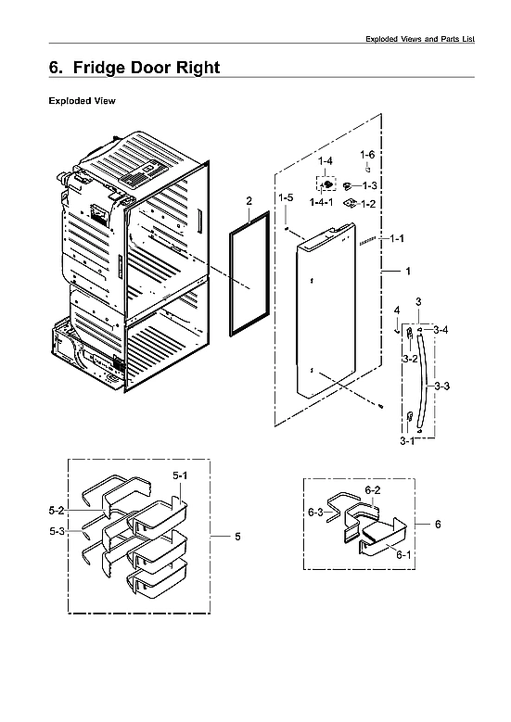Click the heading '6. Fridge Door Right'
click(x=134, y=68)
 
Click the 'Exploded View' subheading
click(x=82, y=101)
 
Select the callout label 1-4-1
click(x=324, y=203)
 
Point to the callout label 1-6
click(x=367, y=155)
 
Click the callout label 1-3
click(x=368, y=186)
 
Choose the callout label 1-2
click(x=368, y=203)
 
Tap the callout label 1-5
click(x=287, y=198)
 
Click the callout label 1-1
click(x=398, y=239)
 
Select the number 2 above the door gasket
click(x=249, y=201)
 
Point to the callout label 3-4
click(x=440, y=330)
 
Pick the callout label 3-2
click(x=409, y=358)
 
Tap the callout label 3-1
click(x=407, y=442)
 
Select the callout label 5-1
click(x=180, y=475)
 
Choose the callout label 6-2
click(x=372, y=489)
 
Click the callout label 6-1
click(x=402, y=554)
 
